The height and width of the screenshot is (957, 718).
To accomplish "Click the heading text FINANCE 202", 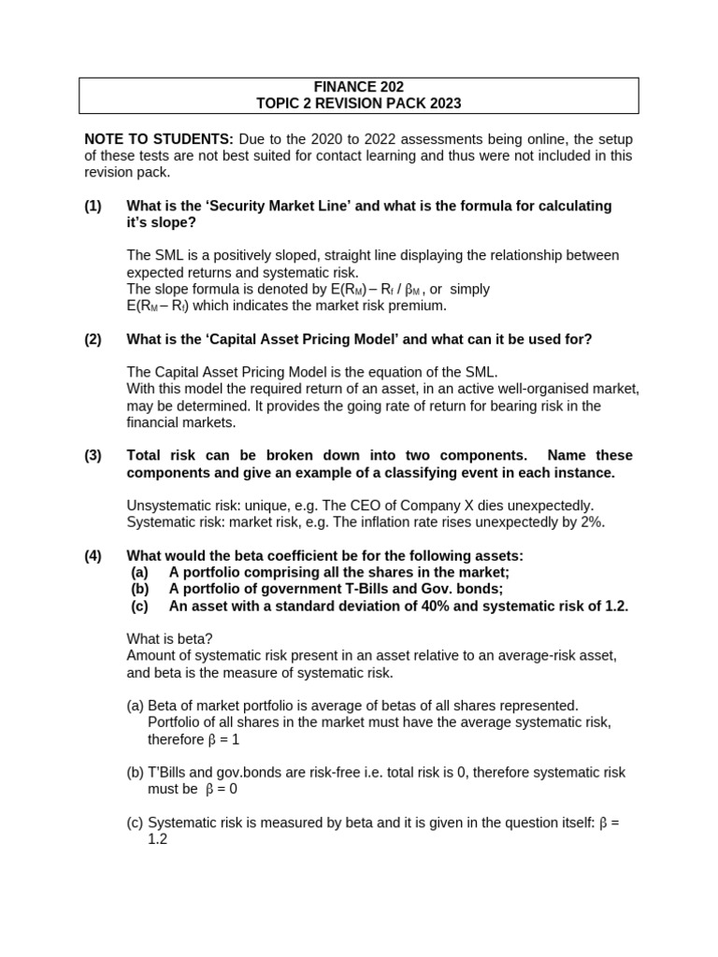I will tap(358, 87).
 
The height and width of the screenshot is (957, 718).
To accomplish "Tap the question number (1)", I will tap(93, 206).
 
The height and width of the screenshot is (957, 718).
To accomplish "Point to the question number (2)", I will tap(93, 339).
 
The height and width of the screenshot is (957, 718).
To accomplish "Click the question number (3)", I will tap(93, 455).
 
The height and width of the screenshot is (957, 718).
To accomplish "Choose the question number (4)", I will tap(93, 555).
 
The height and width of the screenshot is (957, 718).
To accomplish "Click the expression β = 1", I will tap(223, 739).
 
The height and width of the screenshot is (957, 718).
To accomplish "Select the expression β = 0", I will tap(223, 789).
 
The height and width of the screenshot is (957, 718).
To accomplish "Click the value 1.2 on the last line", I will tap(158, 839).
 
